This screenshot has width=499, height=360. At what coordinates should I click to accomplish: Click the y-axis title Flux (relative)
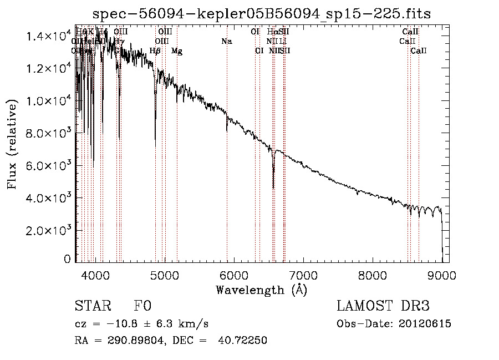[12, 144]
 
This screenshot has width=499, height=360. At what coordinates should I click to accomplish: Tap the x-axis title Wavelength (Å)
[261, 290]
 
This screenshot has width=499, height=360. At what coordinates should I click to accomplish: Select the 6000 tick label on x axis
[233, 275]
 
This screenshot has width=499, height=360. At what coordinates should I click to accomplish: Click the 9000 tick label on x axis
[442, 275]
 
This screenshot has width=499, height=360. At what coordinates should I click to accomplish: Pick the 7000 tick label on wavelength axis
[303, 275]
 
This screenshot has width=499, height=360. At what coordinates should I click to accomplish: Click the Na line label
[226, 41]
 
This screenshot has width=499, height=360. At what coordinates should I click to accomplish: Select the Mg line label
[177, 51]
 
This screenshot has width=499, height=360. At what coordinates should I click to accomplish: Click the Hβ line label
[155, 51]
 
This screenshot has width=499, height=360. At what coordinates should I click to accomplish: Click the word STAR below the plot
[91, 306]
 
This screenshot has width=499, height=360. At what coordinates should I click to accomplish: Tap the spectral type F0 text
[142, 306]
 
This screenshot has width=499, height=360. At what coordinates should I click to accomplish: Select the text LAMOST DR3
[383, 306]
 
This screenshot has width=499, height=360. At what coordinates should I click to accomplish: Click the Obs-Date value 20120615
[425, 324]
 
